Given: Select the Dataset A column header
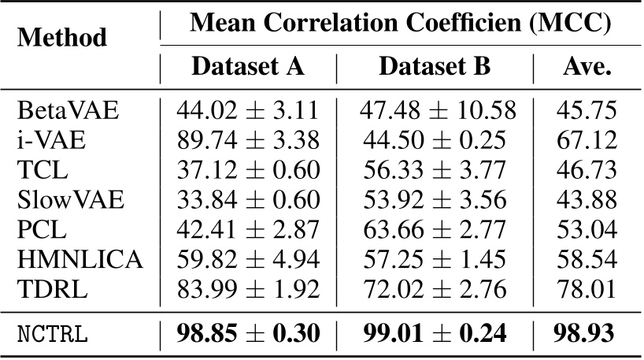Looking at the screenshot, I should pos(247,66).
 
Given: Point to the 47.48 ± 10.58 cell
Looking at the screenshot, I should pos(437,110).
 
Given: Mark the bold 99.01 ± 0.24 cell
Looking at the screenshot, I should pos(437,332).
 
